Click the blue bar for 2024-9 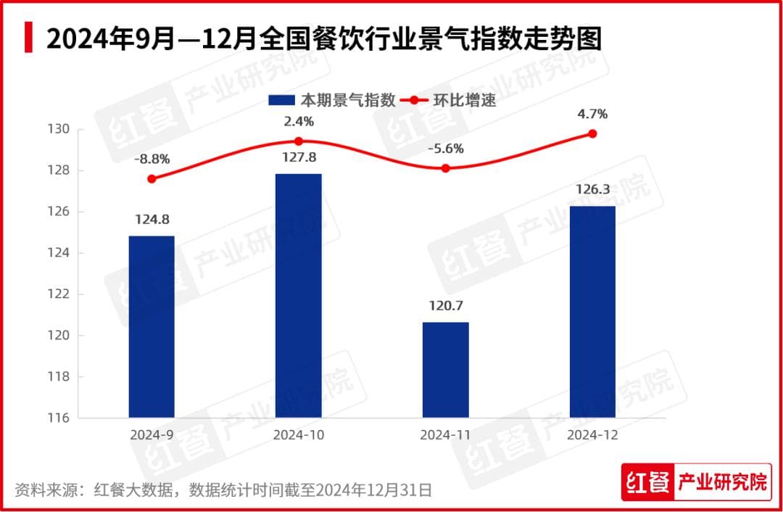(x=152, y=326)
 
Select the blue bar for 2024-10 (x=299, y=295)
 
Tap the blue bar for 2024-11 (x=446, y=370)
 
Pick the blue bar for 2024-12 (x=593, y=312)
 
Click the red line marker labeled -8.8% (x=152, y=178)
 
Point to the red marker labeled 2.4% (x=299, y=141)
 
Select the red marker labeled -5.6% (x=446, y=168)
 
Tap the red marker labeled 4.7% (x=593, y=133)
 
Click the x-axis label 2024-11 (x=445, y=435)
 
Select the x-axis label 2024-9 (x=151, y=435)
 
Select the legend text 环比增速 (x=471, y=100)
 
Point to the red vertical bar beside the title (x=28, y=37)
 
